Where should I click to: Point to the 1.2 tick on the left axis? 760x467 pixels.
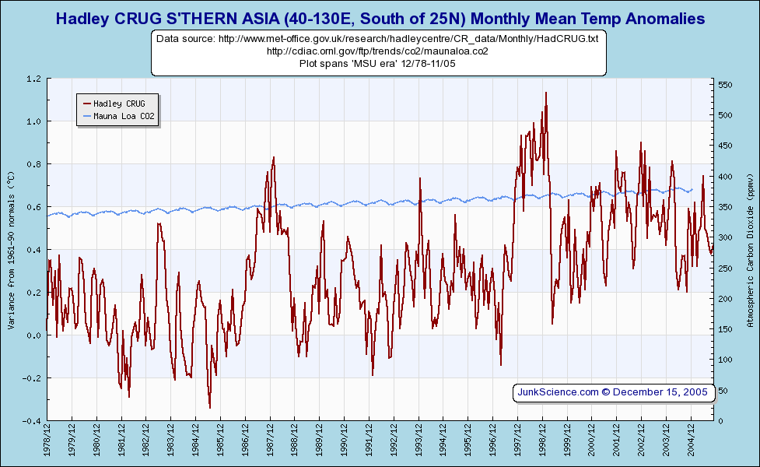(x=33, y=79)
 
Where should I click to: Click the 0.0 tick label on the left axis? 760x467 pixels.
(x=33, y=335)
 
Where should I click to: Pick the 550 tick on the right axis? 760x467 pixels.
(x=726, y=85)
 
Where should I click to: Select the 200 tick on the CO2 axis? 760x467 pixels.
(x=726, y=299)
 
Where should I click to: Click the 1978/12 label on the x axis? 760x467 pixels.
(x=47, y=442)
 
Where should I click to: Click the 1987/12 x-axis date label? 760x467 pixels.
(x=270, y=442)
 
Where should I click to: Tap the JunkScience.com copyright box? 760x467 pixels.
(x=613, y=392)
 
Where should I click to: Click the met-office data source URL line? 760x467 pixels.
(x=377, y=39)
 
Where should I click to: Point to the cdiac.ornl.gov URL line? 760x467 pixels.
(x=377, y=51)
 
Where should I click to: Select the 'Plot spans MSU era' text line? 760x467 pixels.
(x=377, y=63)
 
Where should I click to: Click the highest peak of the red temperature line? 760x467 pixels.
(x=545, y=93)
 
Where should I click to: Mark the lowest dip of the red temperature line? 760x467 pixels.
(x=210, y=407)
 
